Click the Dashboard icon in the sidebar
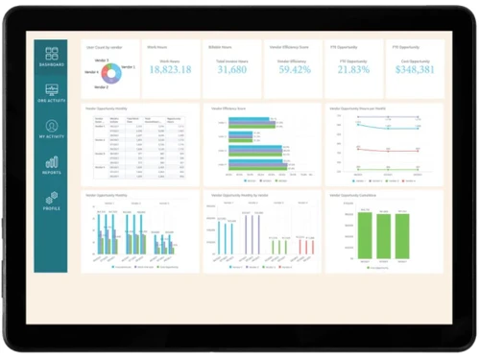pos(51,56)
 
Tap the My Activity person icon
pos(51,128)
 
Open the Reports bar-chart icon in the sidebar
pos(51,164)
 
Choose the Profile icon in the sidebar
pos(51,199)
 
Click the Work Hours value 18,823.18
pos(170,70)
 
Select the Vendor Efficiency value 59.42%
pos(294,70)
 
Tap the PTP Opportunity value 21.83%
pos(355,70)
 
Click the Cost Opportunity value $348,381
pos(417,70)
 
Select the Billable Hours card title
pos(220,46)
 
